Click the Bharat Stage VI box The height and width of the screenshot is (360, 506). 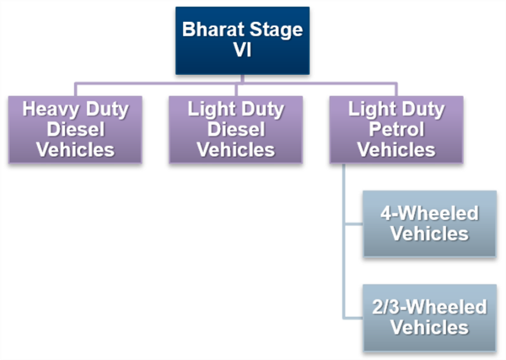(242, 40)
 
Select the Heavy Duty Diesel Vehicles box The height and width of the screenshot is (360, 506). (75, 129)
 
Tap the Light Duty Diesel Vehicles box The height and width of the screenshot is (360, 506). (236, 129)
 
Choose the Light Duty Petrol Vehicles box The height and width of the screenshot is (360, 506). (396, 129)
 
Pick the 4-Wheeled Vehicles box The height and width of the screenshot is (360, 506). (429, 223)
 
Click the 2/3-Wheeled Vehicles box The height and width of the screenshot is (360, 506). (429, 318)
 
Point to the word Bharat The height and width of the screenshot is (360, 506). (213, 30)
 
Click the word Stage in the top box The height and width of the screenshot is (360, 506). (277, 30)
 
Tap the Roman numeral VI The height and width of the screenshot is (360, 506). (242, 50)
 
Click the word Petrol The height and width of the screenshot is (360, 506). (396, 129)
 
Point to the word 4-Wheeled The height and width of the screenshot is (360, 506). (429, 213)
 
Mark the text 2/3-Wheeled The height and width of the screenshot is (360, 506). (429, 307)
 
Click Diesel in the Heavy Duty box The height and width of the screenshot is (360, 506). (76, 129)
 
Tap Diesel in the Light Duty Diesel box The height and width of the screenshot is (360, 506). (236, 129)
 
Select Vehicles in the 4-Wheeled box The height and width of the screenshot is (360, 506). (429, 234)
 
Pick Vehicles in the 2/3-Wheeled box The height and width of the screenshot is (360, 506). (429, 327)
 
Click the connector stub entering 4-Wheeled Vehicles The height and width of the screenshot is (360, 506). (354, 223)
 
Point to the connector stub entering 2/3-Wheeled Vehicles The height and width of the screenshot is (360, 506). (353, 318)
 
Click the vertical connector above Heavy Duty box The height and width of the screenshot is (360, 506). (76, 90)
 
